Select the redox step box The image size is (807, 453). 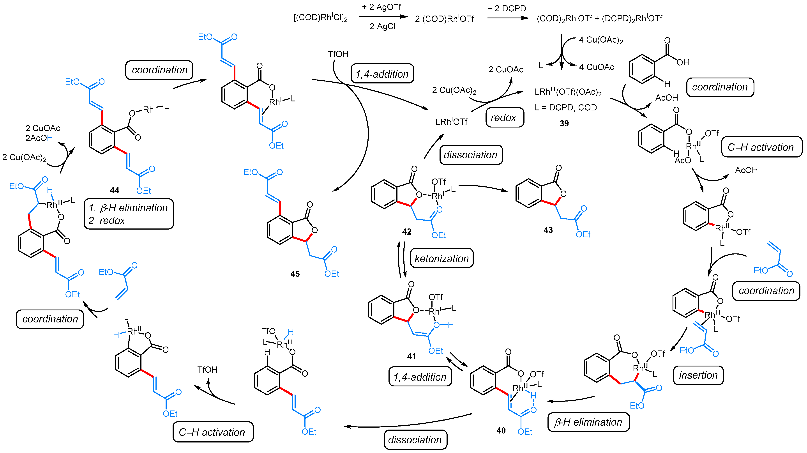(x=504, y=117)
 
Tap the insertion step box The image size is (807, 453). (x=698, y=375)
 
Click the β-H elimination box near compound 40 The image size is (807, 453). (x=588, y=422)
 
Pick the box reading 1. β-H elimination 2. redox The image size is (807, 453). (x=129, y=214)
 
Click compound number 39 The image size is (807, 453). (x=564, y=123)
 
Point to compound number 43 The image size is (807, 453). (x=548, y=230)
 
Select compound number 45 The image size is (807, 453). (x=295, y=274)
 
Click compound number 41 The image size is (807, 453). (x=411, y=356)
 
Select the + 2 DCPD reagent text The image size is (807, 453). (x=507, y=9)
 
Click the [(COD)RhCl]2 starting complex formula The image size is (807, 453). (x=320, y=18)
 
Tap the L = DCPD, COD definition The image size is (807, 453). (x=565, y=108)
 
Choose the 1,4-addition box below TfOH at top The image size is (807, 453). (x=382, y=74)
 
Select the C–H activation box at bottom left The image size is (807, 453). (x=212, y=432)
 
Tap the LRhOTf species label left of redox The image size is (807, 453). (x=451, y=122)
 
